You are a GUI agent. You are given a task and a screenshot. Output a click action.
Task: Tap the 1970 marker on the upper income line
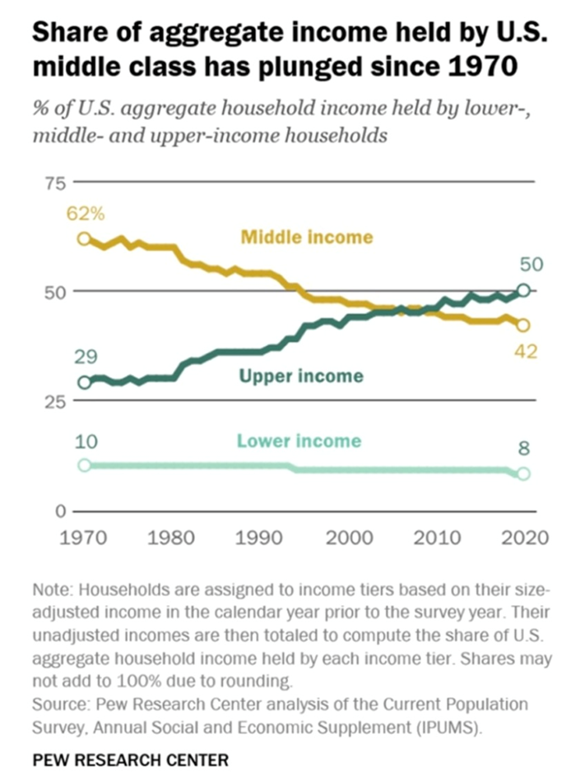[x=84, y=381]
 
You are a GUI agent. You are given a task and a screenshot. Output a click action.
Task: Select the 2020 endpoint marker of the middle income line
[x=523, y=325]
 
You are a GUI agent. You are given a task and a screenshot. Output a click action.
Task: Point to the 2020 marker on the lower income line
[x=523, y=474]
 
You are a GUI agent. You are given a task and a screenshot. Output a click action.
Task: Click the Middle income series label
[x=306, y=238]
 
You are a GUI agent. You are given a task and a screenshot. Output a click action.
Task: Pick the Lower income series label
[x=299, y=441]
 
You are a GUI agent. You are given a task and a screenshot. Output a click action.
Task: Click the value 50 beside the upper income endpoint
[x=523, y=265]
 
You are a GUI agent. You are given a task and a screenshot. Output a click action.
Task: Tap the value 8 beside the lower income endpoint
[x=523, y=449]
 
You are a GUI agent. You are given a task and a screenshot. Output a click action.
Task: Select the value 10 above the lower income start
[x=86, y=441]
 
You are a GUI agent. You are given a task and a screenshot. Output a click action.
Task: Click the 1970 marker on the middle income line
[x=84, y=238]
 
